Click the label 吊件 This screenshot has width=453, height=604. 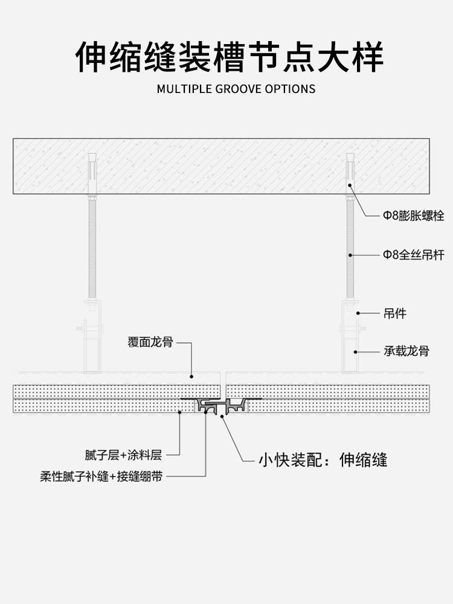395,313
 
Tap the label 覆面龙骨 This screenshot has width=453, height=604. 150,342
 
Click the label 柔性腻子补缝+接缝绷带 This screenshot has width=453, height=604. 101,476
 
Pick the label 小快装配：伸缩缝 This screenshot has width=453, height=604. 323,460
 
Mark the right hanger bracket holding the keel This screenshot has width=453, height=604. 350,338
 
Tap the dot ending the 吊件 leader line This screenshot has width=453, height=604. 358,313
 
